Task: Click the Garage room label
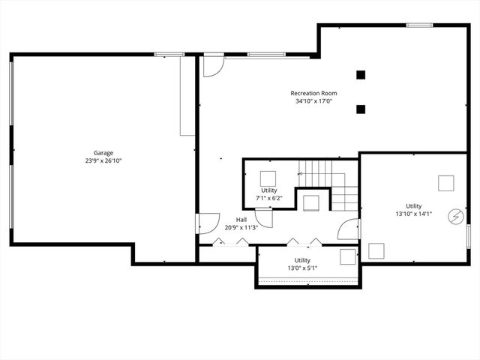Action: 103,153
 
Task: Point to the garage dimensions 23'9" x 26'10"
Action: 103,160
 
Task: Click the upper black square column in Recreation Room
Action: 361,74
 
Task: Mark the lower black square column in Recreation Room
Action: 361,109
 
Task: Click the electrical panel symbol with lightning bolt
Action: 455,216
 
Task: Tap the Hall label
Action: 241,220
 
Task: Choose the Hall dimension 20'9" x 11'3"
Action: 241,227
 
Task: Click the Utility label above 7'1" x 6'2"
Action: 269,190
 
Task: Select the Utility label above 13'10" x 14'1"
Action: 413,206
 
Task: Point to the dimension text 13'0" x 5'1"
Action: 302,268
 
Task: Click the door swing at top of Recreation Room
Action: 213,64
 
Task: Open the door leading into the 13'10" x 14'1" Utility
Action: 349,229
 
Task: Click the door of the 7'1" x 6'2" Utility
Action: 263,218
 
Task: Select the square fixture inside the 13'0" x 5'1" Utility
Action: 347,256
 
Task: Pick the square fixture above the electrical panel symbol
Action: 446,183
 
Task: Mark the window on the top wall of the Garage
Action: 169,54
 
